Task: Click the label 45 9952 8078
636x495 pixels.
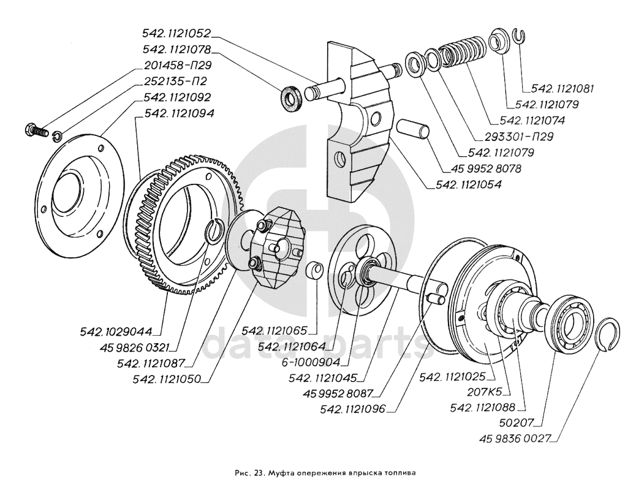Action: (x=483, y=167)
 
